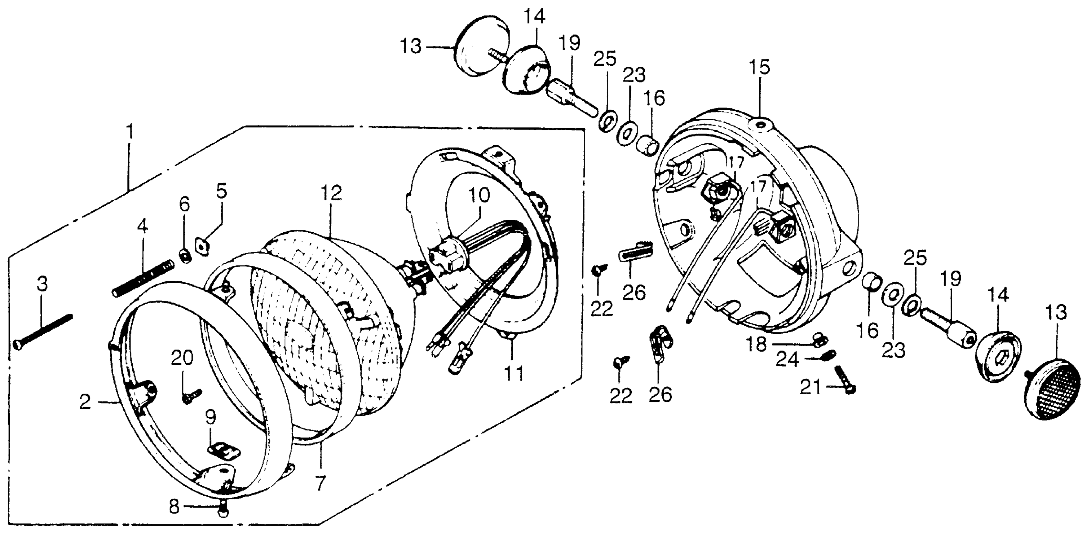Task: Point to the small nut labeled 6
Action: point(185,255)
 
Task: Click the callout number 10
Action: point(479,195)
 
